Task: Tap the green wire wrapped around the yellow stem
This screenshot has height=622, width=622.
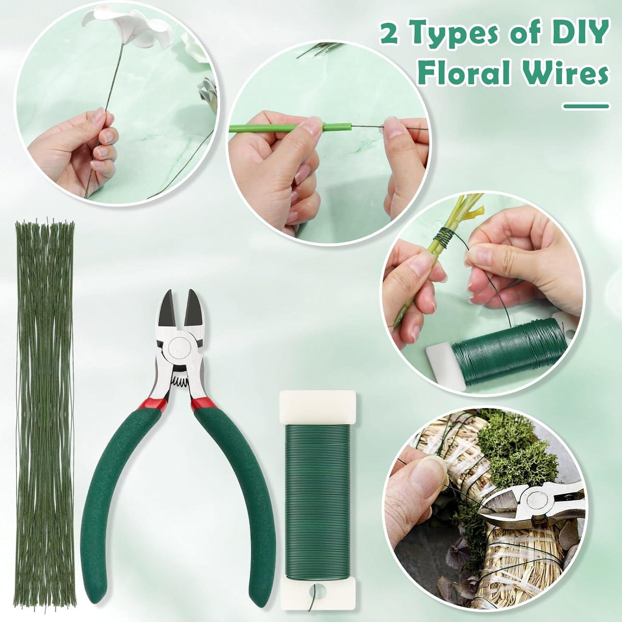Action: click(445, 239)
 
